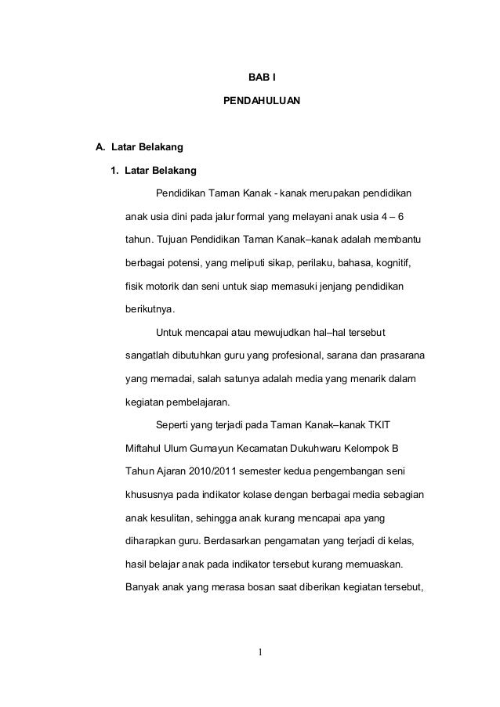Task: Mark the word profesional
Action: pos(302,357)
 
